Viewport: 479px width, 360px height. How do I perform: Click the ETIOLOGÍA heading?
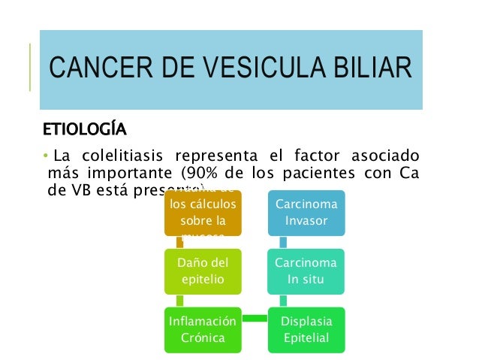point(83,126)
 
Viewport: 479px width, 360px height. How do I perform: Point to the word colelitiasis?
point(123,156)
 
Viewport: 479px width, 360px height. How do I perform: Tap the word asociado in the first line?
point(383,156)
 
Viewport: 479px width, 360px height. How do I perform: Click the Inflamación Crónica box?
point(203,329)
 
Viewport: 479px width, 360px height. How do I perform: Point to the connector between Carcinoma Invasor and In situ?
point(283,242)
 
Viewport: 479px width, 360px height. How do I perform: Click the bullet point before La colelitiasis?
point(44,156)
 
